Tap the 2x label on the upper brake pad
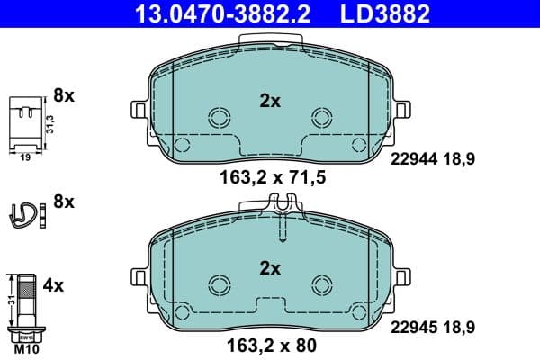270,102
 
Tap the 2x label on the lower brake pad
270,267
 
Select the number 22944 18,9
432,158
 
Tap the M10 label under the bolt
20,346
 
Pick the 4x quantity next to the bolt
53,286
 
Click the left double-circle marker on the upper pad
219,117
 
